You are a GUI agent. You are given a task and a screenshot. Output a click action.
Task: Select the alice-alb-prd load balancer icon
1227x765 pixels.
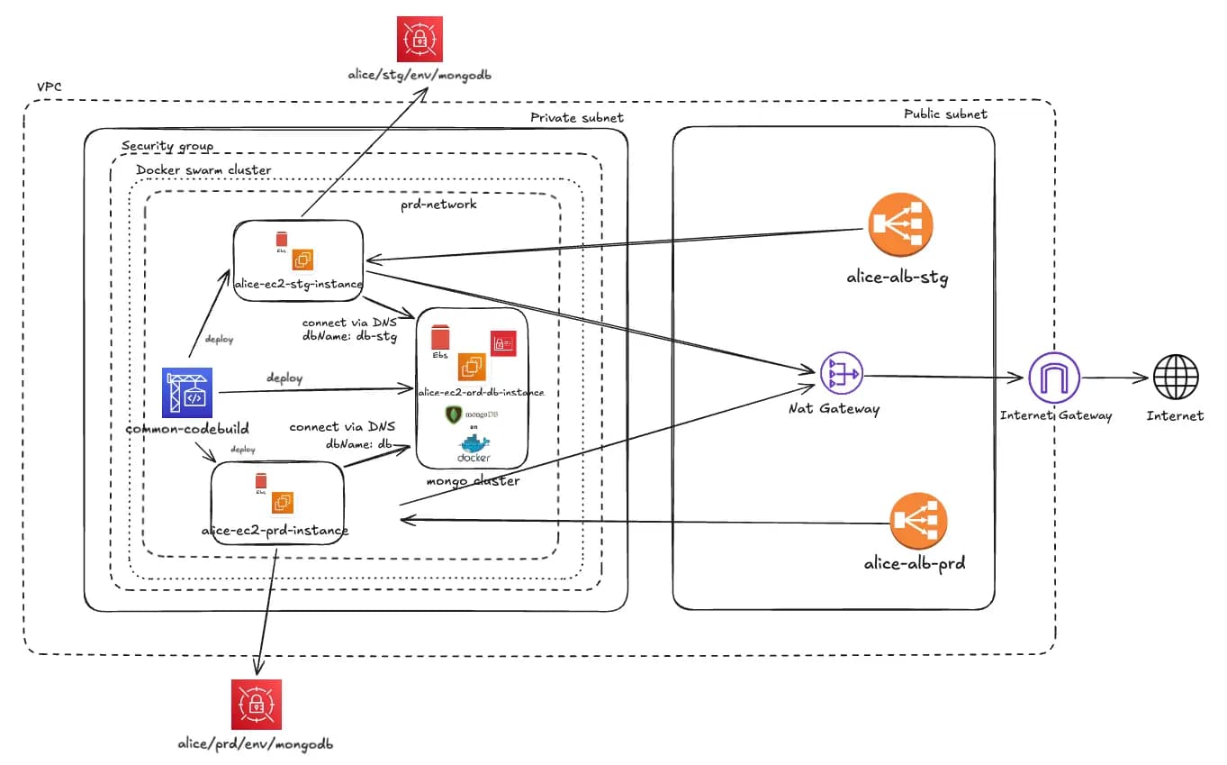click(x=918, y=522)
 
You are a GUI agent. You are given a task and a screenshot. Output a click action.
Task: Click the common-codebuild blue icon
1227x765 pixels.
click(x=185, y=393)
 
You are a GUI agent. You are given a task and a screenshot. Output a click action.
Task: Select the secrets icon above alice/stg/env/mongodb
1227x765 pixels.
click(x=420, y=39)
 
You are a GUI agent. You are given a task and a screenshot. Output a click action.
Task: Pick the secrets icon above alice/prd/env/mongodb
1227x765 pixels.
click(x=257, y=704)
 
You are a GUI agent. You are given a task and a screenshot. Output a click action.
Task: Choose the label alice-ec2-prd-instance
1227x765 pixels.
click(x=275, y=530)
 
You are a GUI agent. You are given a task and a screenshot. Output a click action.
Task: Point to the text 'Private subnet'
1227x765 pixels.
click(x=576, y=117)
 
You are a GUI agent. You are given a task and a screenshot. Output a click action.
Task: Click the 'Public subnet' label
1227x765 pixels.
click(x=945, y=114)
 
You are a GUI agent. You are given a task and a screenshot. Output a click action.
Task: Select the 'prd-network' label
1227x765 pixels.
click(x=438, y=205)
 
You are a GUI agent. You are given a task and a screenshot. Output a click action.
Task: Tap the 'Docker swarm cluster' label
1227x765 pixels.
click(x=203, y=169)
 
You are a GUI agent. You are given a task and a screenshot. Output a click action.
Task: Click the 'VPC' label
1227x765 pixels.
click(x=49, y=87)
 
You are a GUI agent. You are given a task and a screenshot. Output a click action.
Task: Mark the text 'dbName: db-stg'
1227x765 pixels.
click(x=349, y=337)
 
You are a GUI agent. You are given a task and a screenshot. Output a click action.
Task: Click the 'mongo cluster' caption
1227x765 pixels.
click(x=473, y=480)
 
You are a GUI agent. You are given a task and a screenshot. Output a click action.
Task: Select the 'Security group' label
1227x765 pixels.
click(x=167, y=146)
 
